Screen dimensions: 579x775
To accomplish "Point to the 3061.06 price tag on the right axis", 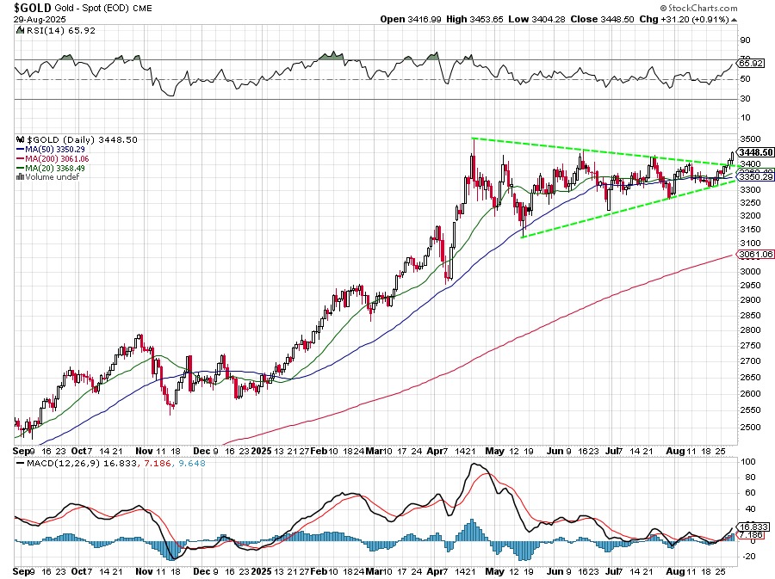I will [x=755, y=255].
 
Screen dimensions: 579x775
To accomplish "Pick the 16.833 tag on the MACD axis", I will [x=754, y=527].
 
